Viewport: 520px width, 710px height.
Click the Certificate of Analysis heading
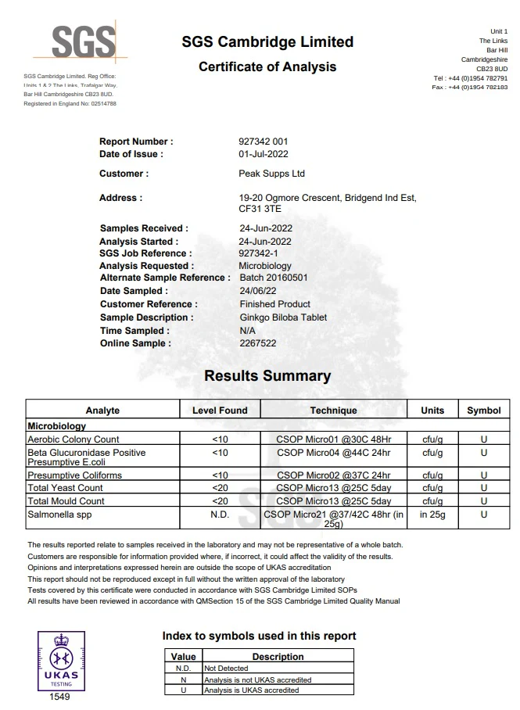pos(267,66)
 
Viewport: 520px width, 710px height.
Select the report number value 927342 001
pos(264,142)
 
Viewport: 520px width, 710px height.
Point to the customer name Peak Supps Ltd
pos(271,174)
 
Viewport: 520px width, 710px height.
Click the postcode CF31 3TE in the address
pos(260,210)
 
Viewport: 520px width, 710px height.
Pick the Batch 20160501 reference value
pos(273,278)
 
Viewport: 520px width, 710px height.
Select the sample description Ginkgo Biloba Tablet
pos(283,317)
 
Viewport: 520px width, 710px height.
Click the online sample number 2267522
pos(257,343)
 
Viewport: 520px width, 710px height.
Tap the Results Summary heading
pos(267,376)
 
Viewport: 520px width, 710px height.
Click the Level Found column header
pos(220,411)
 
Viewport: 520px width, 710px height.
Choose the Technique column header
pos(333,411)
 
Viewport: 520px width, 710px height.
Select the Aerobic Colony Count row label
pos(74,439)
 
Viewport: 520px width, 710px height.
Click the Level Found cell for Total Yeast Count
pos(220,488)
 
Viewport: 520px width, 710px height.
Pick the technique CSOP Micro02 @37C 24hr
pos(333,475)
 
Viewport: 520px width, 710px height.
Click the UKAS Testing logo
pos(59,660)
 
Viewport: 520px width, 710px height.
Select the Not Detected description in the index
pos(226,669)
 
